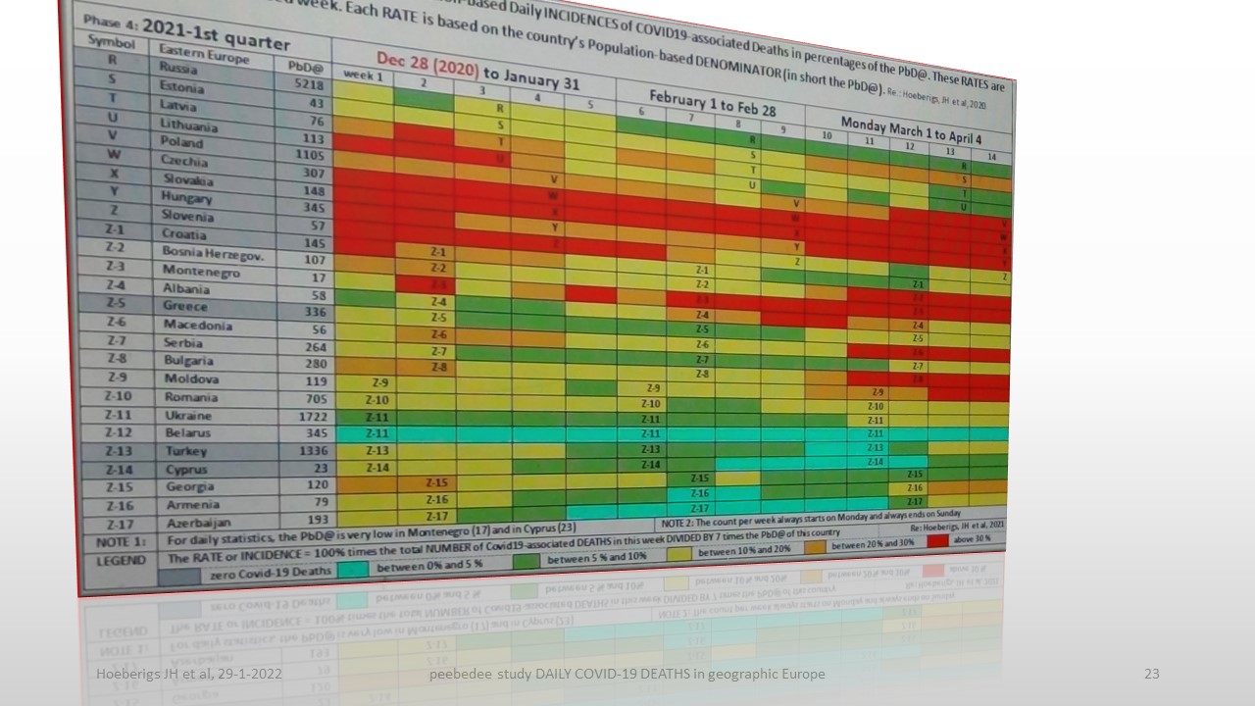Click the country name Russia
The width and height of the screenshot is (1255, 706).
point(178,70)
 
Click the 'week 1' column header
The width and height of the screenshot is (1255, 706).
point(363,76)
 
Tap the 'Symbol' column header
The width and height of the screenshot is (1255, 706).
point(111,41)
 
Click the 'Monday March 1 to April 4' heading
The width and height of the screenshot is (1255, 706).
point(911,129)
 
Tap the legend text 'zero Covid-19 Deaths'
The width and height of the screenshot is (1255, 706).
point(270,575)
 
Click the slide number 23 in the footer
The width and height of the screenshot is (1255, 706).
point(1151,674)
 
